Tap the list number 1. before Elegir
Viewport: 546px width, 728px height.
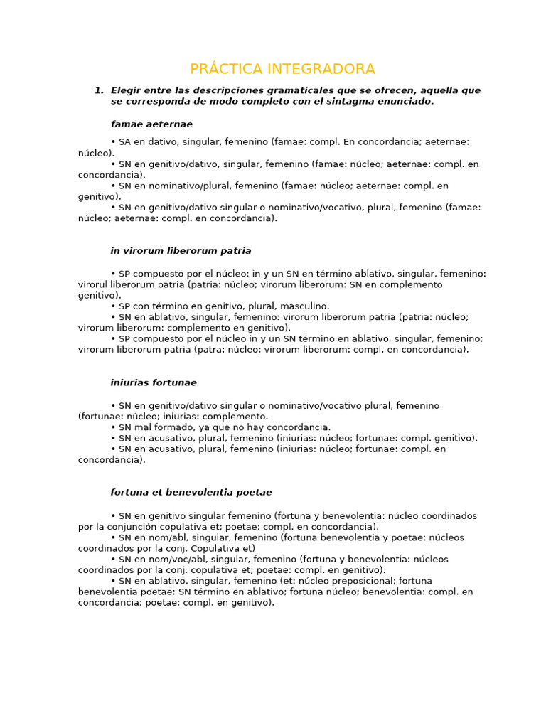(x=99, y=90)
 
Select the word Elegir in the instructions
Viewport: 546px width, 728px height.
(x=127, y=90)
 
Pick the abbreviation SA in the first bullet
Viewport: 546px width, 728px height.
(x=125, y=142)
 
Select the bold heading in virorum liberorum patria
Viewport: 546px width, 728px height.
(x=181, y=250)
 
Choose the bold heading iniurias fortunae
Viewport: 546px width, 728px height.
(x=154, y=382)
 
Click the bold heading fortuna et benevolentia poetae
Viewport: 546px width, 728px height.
(x=191, y=492)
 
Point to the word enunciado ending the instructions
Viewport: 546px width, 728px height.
(x=409, y=101)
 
